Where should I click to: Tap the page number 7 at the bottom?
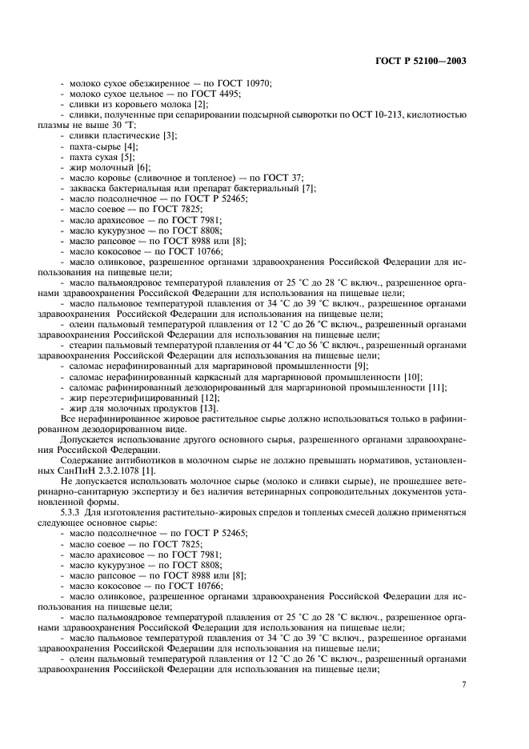click(x=463, y=684)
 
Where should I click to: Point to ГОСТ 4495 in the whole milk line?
click(x=213, y=94)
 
